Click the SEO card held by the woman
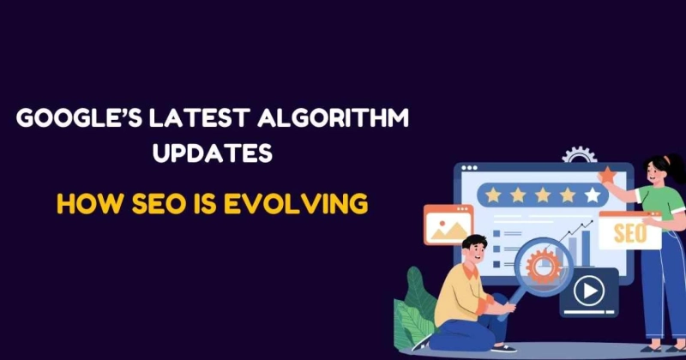[x=629, y=231]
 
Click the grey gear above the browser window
[x=578, y=157]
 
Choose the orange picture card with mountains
[x=448, y=226]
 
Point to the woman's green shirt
[x=652, y=206]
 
